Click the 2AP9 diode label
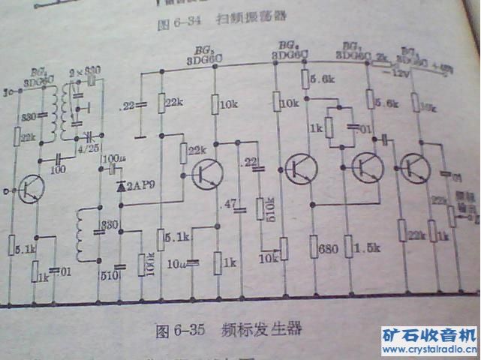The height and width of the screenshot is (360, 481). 140,185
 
